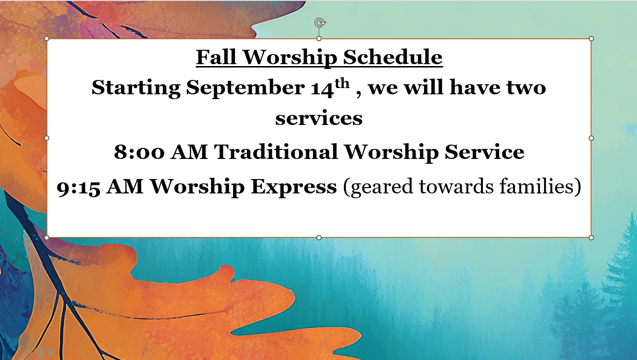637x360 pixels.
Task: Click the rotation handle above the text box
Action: point(320,23)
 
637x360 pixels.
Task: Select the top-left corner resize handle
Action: point(47,39)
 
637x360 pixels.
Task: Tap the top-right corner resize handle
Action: point(591,39)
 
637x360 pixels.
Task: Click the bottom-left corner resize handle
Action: point(47,237)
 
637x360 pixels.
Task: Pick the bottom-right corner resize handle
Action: point(591,237)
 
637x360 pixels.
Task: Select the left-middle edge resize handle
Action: point(47,138)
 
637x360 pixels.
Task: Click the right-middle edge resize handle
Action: point(591,138)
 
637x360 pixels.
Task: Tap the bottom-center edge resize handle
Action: point(319,237)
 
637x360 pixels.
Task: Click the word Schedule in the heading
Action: point(393,57)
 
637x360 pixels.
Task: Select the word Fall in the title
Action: point(216,57)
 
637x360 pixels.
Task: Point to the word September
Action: point(246,88)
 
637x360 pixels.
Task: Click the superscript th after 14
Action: point(342,84)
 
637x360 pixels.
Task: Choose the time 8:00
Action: point(139,152)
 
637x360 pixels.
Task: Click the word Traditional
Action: point(276,151)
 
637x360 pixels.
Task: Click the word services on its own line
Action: point(319,119)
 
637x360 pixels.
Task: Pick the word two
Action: point(526,88)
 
